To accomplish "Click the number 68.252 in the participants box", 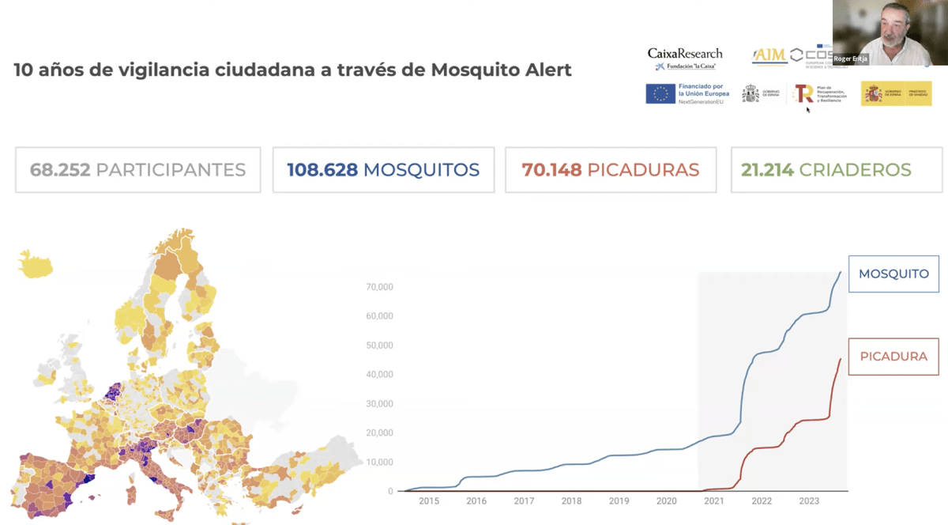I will point(59,170).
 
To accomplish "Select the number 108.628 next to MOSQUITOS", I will point(322,170).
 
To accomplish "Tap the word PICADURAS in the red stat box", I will point(643,170).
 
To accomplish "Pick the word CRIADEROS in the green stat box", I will point(855,170).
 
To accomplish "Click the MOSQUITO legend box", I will point(893,274).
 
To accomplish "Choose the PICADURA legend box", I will point(893,357).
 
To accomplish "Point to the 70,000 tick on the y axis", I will point(379,287).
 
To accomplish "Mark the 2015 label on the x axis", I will point(429,501).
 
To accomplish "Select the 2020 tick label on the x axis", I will point(667,501).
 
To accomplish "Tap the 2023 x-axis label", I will point(809,501).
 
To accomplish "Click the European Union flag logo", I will point(660,93).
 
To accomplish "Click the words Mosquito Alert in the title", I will point(502,70).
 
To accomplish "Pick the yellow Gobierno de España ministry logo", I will point(896,93).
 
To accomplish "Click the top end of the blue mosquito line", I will point(840,272).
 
